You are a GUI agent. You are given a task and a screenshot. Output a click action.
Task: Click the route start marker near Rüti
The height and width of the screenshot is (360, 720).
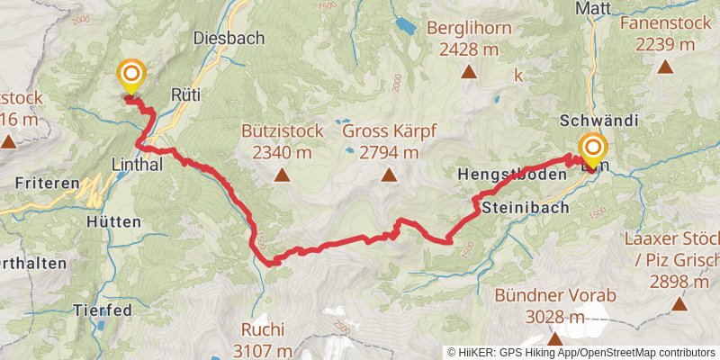tap(131, 76)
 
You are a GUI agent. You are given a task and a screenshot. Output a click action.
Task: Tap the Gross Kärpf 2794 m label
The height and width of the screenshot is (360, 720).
tap(389, 141)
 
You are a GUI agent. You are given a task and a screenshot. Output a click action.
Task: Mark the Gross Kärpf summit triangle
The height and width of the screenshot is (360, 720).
tap(389, 175)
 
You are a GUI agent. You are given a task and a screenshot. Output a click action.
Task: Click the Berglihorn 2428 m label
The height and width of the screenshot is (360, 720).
tap(469, 39)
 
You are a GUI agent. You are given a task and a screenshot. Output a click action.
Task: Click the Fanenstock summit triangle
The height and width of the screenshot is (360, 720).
tap(665, 66)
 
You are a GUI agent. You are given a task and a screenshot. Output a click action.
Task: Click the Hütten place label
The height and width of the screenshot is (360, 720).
tap(114, 221)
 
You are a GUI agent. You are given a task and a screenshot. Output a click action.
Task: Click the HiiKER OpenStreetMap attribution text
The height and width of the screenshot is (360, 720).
tap(581, 352)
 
